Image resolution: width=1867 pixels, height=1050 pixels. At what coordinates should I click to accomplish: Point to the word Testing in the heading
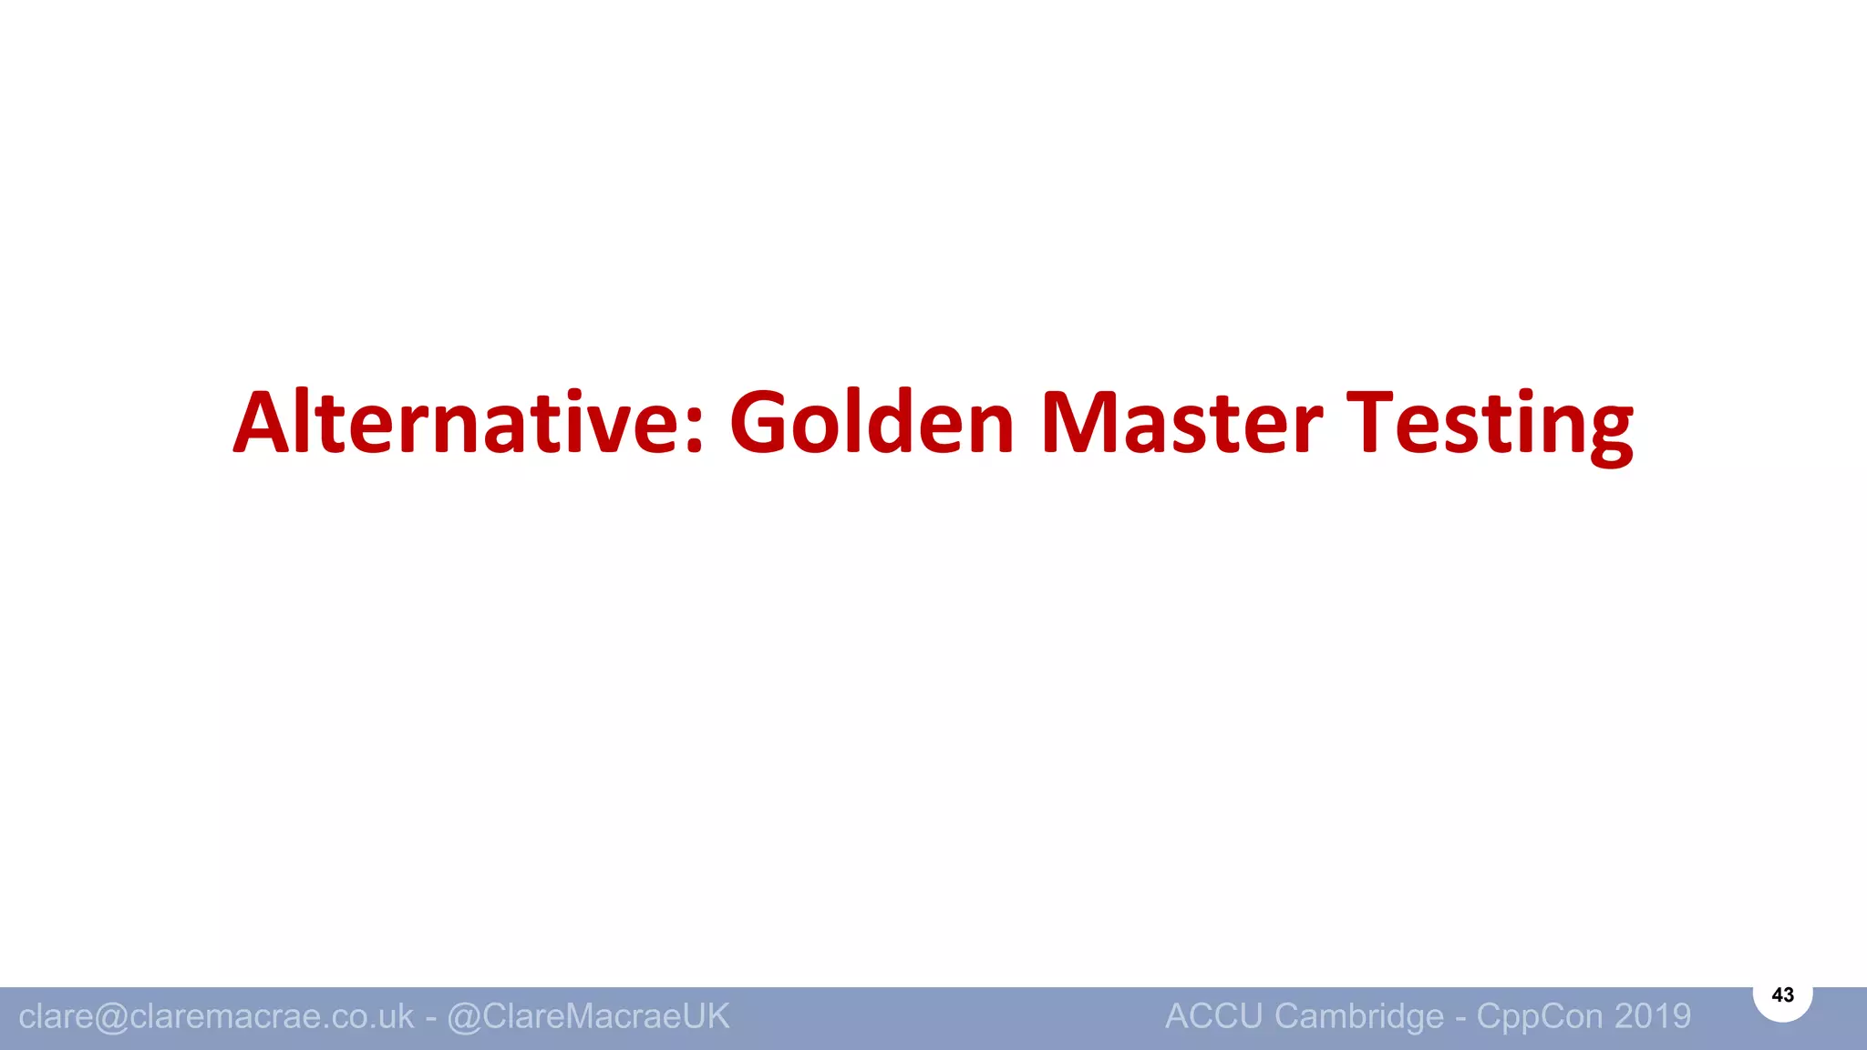pyautogui.click(x=1490, y=424)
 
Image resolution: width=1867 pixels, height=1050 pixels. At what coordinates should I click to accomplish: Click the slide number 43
pyautogui.click(x=1782, y=995)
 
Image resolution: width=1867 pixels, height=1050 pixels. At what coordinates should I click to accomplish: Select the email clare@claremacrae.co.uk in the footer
pyautogui.click(x=216, y=1016)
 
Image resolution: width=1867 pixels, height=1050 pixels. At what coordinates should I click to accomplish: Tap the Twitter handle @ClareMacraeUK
pyautogui.click(x=588, y=1016)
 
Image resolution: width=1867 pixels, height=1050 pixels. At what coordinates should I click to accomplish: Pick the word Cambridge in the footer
pyautogui.click(x=1359, y=1016)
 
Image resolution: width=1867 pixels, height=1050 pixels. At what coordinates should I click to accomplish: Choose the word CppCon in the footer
pyautogui.click(x=1540, y=1016)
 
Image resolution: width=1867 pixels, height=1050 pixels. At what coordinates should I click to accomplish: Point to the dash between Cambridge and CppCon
pyautogui.click(x=1460, y=1018)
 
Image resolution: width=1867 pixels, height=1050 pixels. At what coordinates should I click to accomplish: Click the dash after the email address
pyautogui.click(x=430, y=1018)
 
